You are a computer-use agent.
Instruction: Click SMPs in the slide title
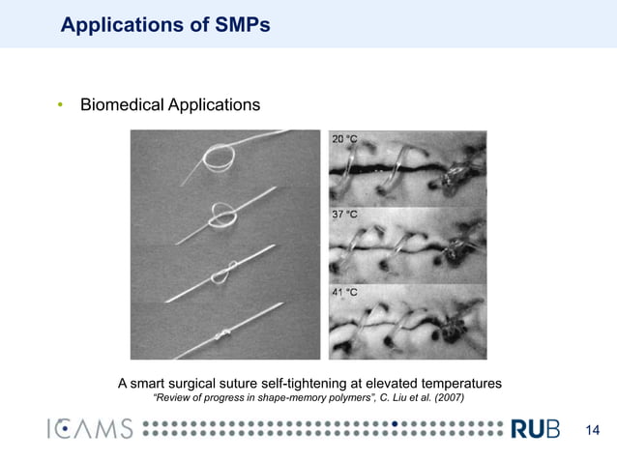[235, 25]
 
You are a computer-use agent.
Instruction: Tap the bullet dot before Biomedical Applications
[59, 104]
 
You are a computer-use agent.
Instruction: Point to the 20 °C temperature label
[345, 141]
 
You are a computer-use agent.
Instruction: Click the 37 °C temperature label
[345, 214]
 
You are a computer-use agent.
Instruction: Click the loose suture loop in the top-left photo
[219, 154]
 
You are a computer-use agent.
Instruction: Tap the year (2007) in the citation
[448, 398]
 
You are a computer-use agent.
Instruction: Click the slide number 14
[594, 429]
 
